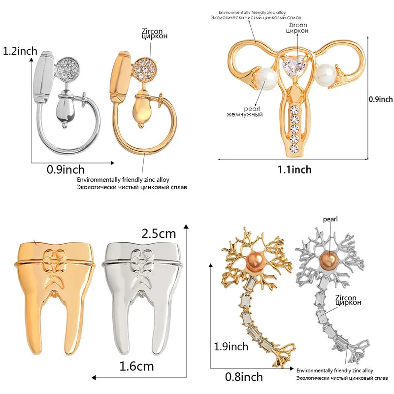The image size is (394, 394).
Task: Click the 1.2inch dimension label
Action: click(x=20, y=51)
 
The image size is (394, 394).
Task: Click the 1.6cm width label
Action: click(x=137, y=366)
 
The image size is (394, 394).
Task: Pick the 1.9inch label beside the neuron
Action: click(x=230, y=346)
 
